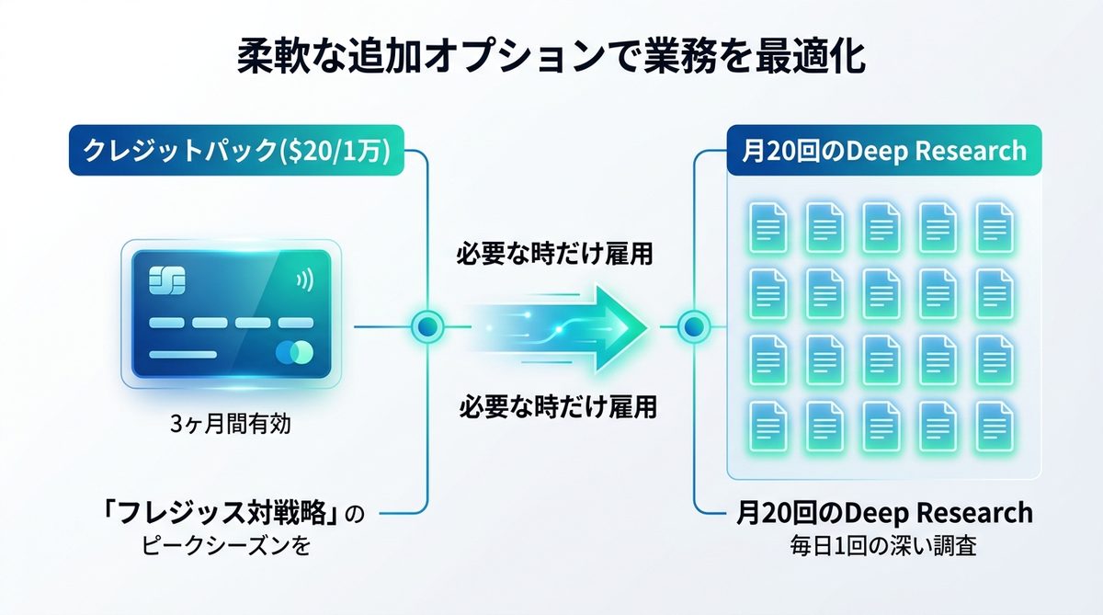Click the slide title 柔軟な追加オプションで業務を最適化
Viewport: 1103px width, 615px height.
click(x=551, y=57)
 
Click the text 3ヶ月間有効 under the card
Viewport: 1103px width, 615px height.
click(x=231, y=426)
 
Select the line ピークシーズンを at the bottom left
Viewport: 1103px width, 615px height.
click(x=227, y=544)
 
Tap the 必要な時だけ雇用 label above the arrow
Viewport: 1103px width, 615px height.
click(x=555, y=255)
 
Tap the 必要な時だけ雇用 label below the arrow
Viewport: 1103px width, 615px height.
click(x=558, y=405)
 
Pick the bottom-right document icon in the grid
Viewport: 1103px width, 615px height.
click(x=994, y=423)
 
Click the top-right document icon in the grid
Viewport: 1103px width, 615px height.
click(x=994, y=224)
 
